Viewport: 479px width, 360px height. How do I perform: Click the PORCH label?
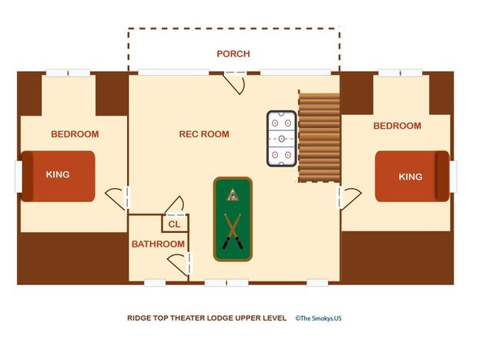(x=233, y=54)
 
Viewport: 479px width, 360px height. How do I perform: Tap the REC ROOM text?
(x=204, y=134)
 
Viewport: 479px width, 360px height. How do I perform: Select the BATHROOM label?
(x=158, y=244)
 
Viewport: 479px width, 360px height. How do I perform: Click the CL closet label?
(x=174, y=224)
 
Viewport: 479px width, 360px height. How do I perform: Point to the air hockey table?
(x=282, y=139)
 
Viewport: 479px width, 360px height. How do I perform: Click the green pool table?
(x=233, y=219)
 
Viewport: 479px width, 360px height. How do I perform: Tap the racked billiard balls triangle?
(x=233, y=195)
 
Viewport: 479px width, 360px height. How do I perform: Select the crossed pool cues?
(x=233, y=231)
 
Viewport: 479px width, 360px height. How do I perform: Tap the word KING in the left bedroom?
(x=58, y=175)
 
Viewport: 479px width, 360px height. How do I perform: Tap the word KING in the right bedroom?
(x=410, y=177)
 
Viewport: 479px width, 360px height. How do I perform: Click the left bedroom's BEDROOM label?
(x=75, y=134)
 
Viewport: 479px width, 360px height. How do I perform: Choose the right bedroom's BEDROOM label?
(x=397, y=126)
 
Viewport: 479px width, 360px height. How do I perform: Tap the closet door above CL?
(x=174, y=204)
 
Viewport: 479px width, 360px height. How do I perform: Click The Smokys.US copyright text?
(x=318, y=318)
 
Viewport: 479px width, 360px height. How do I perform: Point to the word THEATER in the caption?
(x=188, y=318)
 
